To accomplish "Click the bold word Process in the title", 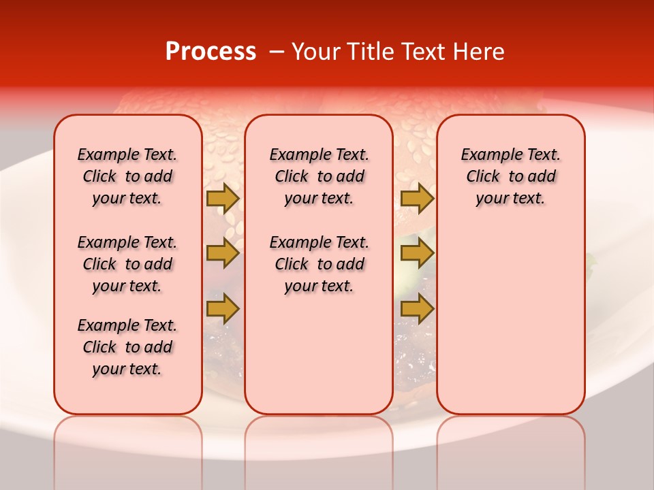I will (x=211, y=52).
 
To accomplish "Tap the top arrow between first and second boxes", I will (x=223, y=199).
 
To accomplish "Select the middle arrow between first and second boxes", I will (x=223, y=253).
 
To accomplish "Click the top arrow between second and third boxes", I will (x=417, y=199).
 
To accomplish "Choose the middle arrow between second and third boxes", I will (x=417, y=253).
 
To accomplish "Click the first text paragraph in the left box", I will (x=127, y=176).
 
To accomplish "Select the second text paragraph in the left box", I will (x=127, y=264).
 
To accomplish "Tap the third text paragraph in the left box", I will (x=127, y=347).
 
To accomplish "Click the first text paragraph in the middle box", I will (x=319, y=176).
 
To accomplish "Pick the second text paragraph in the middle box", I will (x=319, y=264).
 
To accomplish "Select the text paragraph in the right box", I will (x=510, y=176).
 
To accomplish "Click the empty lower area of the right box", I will (x=510, y=320).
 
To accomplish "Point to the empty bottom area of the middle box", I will (x=319, y=361).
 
